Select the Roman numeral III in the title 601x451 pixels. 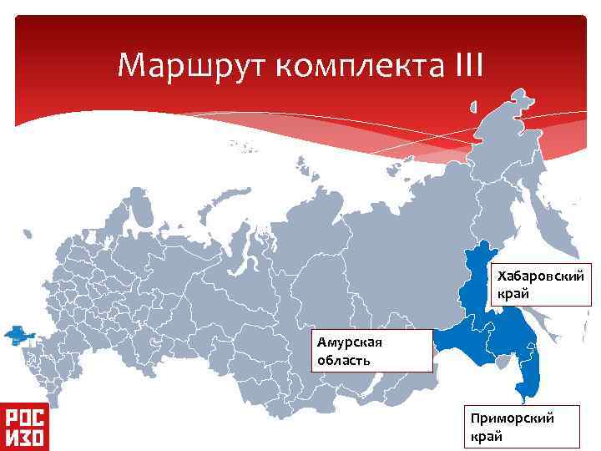point(464,63)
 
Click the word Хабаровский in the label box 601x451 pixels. point(540,275)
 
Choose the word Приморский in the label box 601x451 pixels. point(512,418)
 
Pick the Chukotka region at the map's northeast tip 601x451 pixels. point(534,134)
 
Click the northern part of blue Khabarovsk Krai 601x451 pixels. point(480,267)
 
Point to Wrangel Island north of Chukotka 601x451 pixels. point(472,107)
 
